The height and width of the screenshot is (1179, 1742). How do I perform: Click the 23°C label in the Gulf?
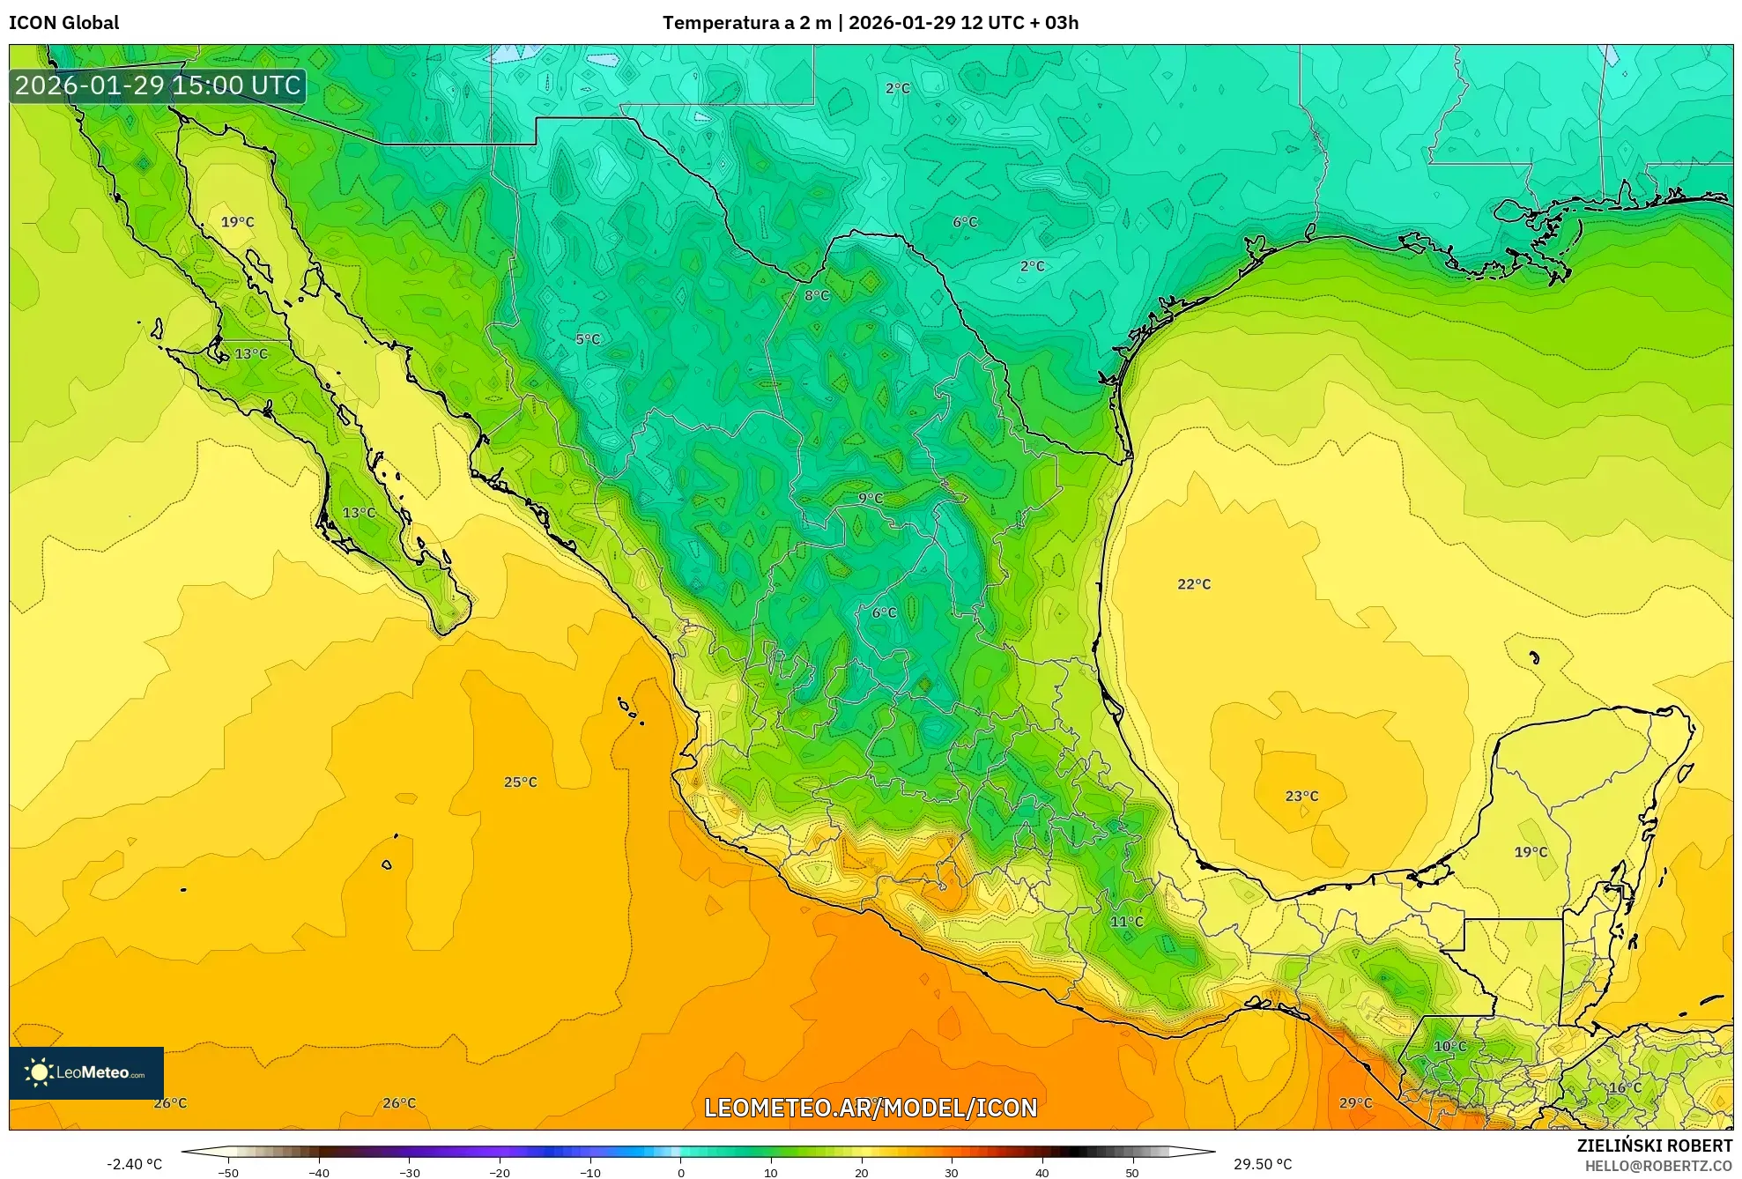(1301, 796)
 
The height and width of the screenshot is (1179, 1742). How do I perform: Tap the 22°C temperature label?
(1194, 584)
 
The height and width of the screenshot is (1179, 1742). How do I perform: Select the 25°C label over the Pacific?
(520, 782)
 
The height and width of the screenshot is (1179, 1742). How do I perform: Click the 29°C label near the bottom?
(1355, 1102)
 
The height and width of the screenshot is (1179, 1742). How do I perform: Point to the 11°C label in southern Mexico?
(1126, 922)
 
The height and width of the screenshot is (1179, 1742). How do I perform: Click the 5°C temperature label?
(588, 339)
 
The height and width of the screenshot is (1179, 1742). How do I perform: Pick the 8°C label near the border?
(817, 295)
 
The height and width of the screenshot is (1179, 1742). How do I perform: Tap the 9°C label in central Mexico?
(871, 498)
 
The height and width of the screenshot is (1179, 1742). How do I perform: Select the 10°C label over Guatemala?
(1449, 1046)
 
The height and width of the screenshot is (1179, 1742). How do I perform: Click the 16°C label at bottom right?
(1625, 1087)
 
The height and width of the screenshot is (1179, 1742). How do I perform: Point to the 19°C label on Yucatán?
(1531, 852)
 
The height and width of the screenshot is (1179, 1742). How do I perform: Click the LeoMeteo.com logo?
(86, 1072)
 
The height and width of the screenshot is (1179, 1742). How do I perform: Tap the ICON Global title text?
(64, 23)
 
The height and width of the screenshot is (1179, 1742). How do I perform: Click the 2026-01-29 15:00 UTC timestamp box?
(158, 85)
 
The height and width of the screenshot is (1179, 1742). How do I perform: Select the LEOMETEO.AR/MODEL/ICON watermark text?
(871, 1108)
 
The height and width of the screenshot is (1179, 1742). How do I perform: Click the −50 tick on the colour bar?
(228, 1172)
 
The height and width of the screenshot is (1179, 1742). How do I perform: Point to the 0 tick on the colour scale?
(680, 1172)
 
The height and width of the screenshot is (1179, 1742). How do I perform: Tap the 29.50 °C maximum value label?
(1262, 1164)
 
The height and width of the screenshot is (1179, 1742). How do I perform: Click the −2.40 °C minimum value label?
(135, 1164)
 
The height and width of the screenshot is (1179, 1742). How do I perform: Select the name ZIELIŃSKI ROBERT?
(1654, 1146)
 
